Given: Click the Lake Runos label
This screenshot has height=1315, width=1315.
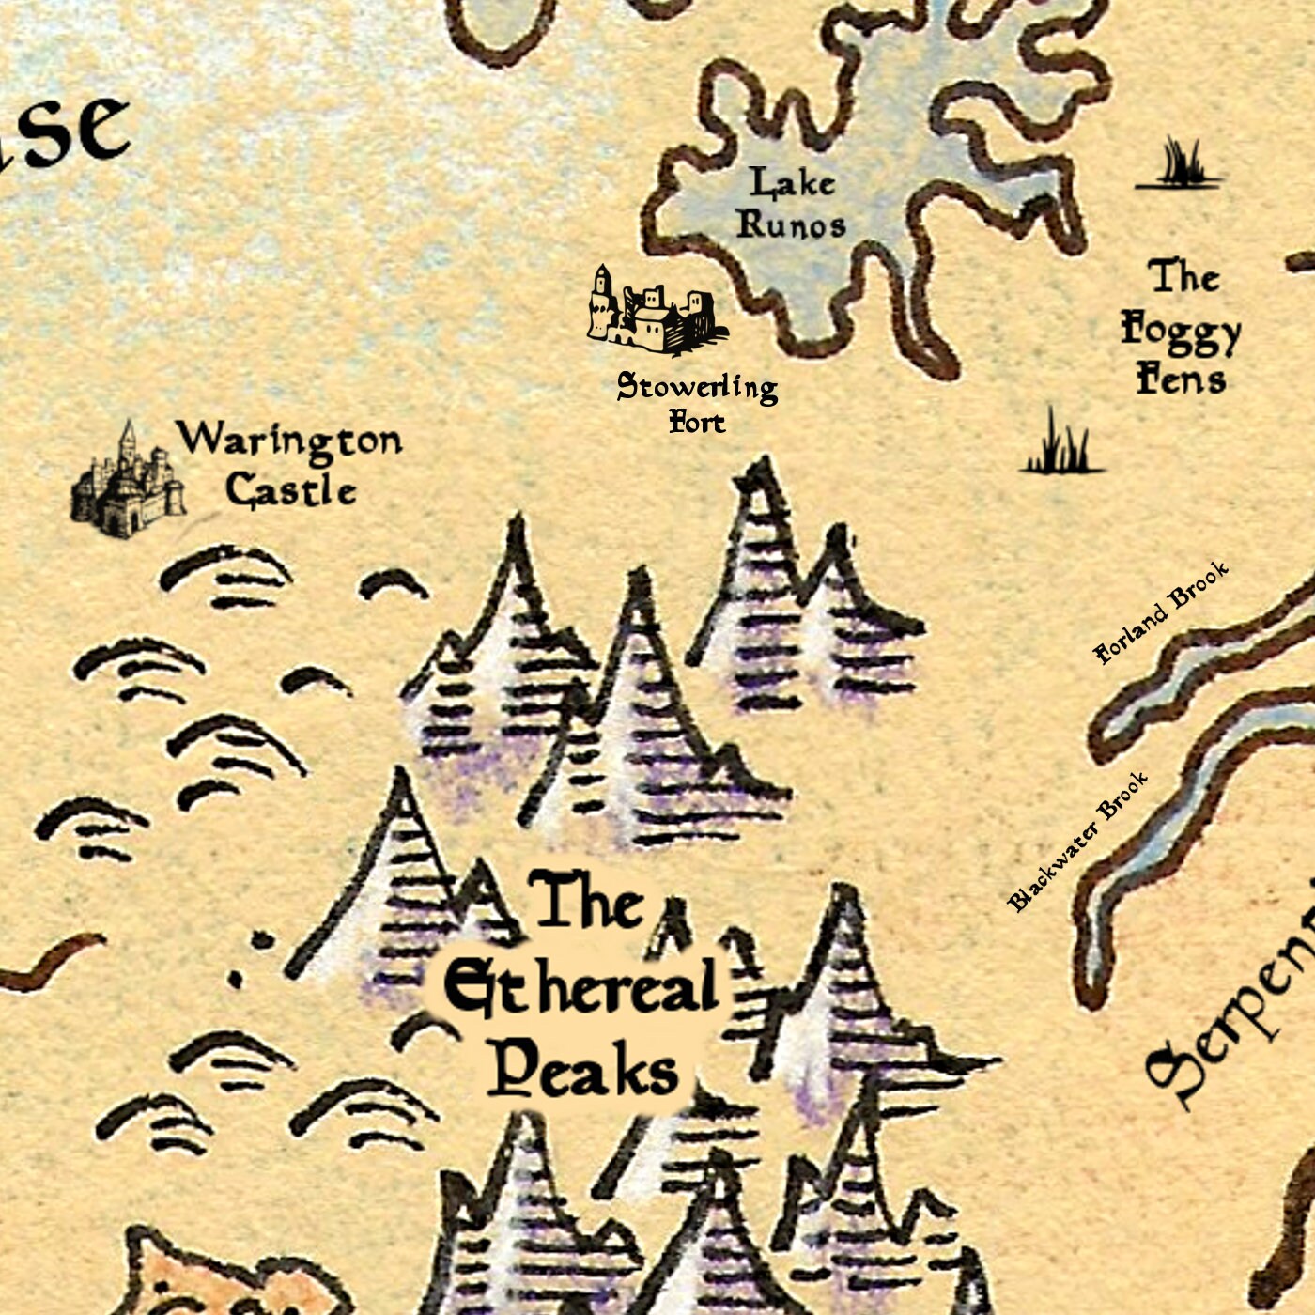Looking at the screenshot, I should tap(791, 204).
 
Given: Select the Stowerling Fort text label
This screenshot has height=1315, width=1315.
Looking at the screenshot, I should tap(697, 402).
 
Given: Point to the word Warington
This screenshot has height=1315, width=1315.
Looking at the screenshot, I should tap(289, 440).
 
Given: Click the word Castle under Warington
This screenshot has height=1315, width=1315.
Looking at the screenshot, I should tap(291, 490).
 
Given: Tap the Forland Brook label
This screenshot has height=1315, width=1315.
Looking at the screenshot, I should tap(1161, 612).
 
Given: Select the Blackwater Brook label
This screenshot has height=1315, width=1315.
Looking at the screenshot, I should tap(1077, 842).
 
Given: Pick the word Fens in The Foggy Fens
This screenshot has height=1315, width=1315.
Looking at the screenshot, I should tap(1181, 379).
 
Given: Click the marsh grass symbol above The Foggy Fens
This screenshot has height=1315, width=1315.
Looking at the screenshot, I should tap(1180, 166).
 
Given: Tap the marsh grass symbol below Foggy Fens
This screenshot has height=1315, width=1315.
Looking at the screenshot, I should tap(1061, 445).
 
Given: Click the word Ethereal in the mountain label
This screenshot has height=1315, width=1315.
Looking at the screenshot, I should tap(580, 988).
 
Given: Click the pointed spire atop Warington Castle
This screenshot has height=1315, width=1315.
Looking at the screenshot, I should tap(127, 434).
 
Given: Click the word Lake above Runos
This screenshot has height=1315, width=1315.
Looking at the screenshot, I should tap(791, 182).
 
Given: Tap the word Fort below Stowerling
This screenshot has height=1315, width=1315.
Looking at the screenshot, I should tap(697, 423).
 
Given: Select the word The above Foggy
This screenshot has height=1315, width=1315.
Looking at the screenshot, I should tap(1183, 277).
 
